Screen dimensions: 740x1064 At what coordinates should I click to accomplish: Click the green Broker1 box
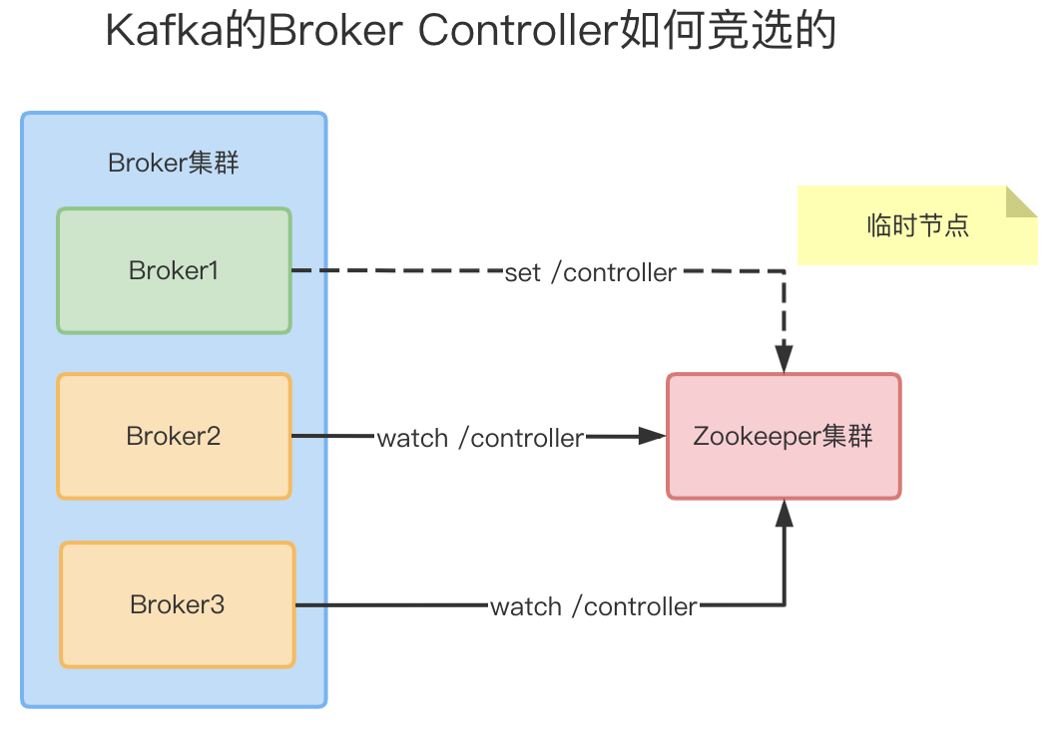pos(174,270)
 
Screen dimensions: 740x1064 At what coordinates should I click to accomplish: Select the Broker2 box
pos(174,436)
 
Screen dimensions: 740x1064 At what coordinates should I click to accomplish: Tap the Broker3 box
pos(178,604)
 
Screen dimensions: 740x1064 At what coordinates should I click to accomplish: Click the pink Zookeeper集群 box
pos(784,436)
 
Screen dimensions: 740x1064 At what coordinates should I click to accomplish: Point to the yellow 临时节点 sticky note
pos(917,225)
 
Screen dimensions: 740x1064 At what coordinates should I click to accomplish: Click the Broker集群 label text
pos(174,163)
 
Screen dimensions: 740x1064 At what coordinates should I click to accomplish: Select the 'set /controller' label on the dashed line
pos(591,272)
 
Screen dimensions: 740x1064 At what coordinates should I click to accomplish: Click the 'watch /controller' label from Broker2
pos(480,438)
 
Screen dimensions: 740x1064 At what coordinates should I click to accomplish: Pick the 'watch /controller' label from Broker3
pos(594,606)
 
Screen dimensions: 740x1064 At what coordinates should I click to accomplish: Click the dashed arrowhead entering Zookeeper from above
pos(785,361)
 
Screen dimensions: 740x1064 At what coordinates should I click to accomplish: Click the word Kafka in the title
pos(154,32)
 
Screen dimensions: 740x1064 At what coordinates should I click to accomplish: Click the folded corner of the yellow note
pos(1020,201)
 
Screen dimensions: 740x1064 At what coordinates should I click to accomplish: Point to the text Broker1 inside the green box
pos(174,270)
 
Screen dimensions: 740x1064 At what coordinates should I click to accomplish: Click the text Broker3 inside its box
pos(178,604)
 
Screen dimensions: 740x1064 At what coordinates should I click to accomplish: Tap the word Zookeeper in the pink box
pos(757,436)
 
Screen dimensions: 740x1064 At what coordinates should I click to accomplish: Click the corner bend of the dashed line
pos(785,271)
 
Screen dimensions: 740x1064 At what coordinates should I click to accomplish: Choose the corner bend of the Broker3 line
pos(785,604)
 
